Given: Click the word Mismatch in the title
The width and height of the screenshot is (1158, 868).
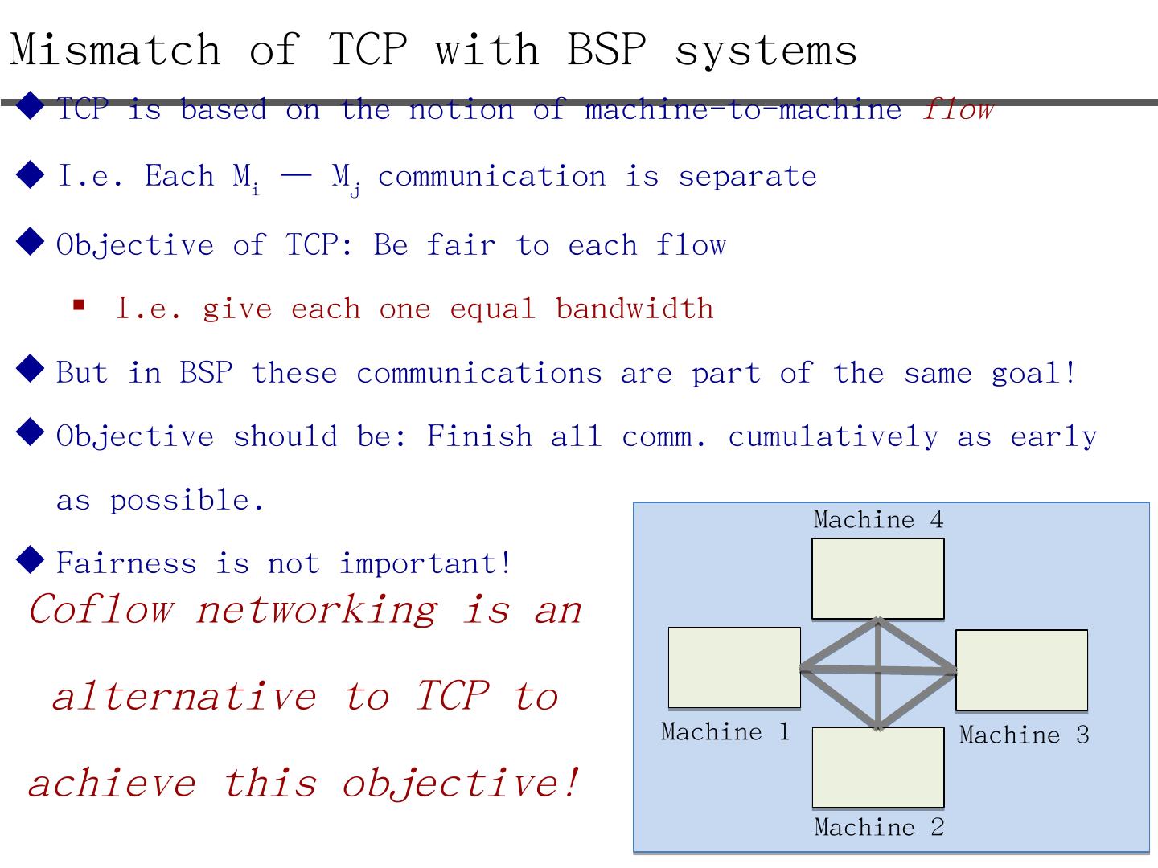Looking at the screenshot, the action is [x=115, y=49].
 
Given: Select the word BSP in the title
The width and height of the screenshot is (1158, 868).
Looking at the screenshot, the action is [x=606, y=49].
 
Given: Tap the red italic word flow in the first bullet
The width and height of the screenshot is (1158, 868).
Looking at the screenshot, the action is [x=958, y=109].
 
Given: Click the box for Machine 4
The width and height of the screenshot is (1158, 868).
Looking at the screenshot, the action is [x=878, y=579].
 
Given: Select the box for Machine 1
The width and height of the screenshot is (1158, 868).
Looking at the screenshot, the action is [x=734, y=667].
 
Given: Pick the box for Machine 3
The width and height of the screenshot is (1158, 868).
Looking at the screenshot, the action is [x=1022, y=670].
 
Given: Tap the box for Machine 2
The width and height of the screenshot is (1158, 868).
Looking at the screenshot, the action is [x=878, y=768].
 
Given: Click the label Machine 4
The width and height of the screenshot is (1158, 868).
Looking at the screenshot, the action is [x=878, y=520].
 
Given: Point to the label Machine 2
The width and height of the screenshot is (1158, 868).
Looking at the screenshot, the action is [x=879, y=827].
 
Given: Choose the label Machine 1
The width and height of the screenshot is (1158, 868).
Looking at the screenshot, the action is [x=725, y=731].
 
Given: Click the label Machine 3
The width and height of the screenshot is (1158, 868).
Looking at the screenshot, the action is [x=1024, y=735].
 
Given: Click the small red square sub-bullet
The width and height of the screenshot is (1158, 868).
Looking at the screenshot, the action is [x=79, y=305].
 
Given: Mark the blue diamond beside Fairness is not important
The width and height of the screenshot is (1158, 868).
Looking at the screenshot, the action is [x=30, y=559].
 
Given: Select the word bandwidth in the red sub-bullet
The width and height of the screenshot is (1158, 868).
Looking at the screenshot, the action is [x=634, y=308].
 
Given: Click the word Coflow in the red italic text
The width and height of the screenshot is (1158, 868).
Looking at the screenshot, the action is [x=101, y=609].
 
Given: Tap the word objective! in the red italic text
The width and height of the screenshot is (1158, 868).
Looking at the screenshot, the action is [x=461, y=784].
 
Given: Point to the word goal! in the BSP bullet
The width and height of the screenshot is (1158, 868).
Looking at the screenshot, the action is [x=1033, y=373].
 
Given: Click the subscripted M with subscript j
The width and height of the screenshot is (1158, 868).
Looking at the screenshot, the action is [x=346, y=178].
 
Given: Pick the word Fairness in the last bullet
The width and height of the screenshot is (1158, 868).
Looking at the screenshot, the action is [x=126, y=563].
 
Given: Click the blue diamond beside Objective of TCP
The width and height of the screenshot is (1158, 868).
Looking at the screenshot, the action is [x=30, y=241].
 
